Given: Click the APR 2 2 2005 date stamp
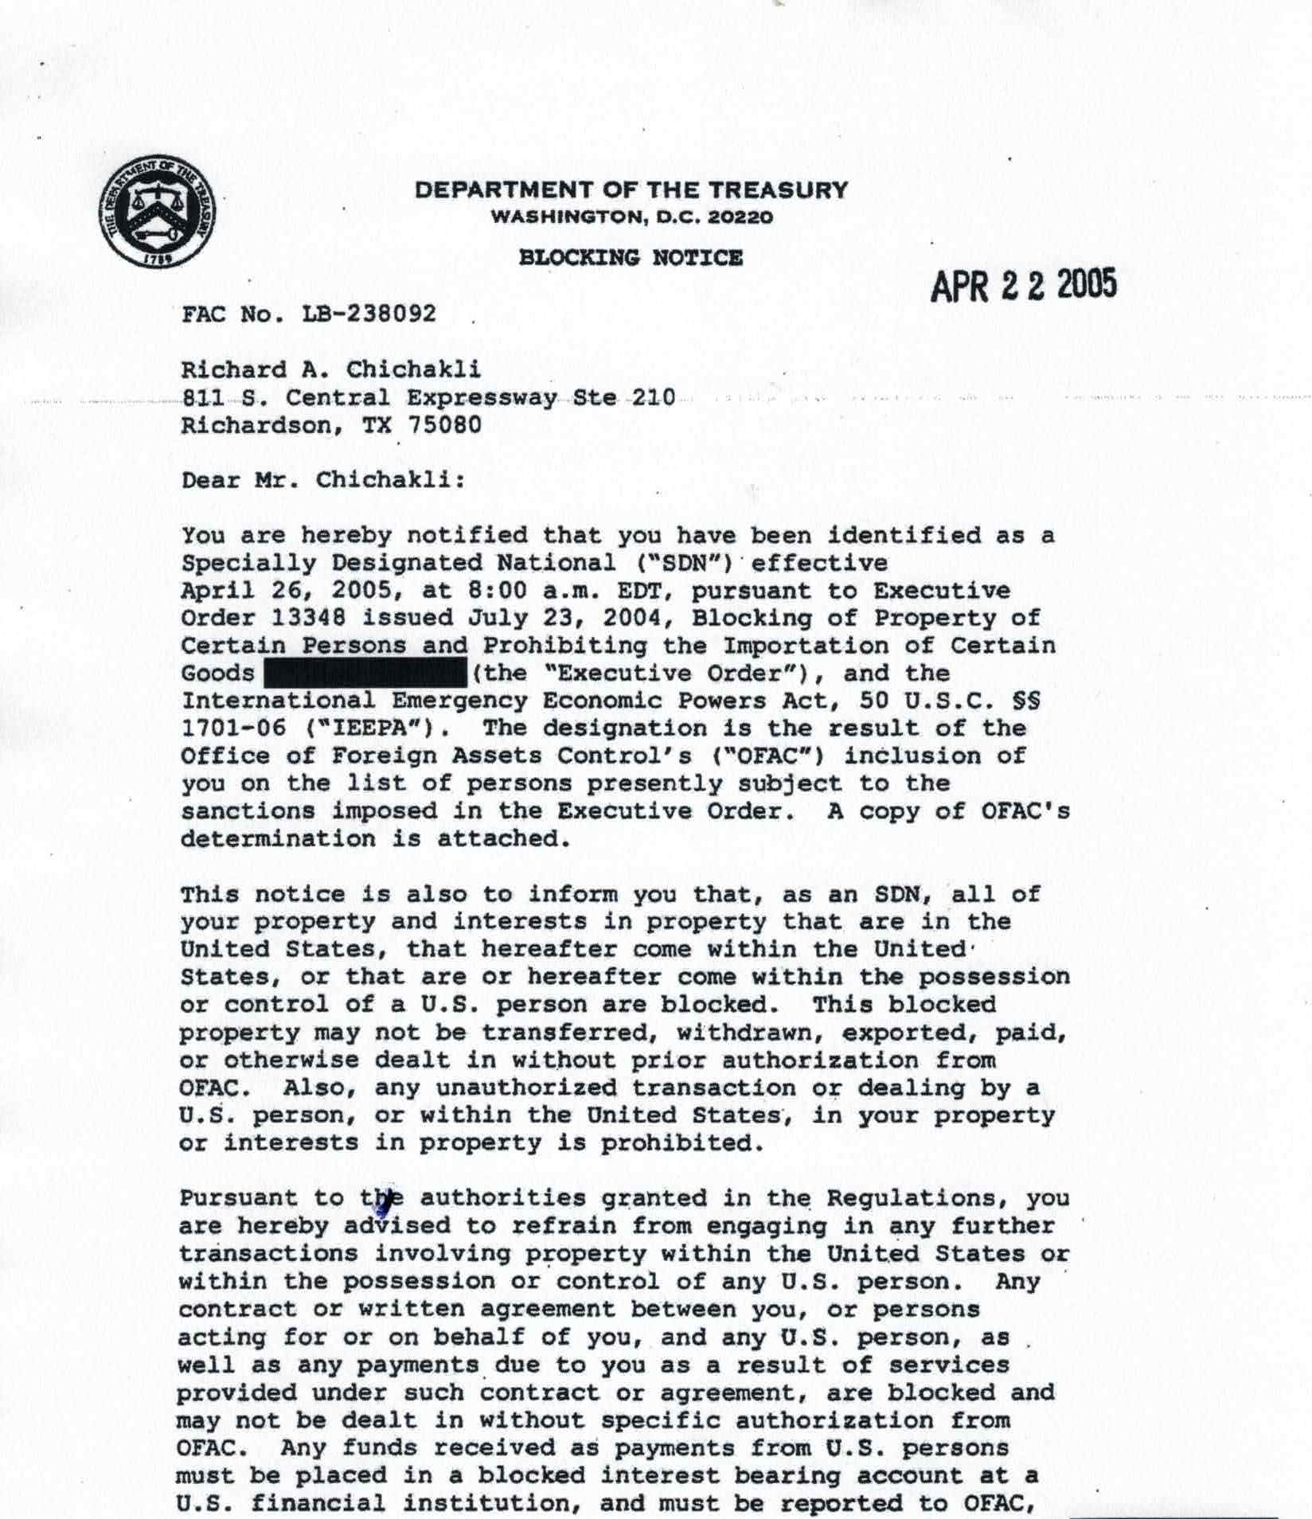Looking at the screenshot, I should (1023, 285).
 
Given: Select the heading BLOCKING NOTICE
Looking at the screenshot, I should (631, 258).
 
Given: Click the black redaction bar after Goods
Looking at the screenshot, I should (365, 674).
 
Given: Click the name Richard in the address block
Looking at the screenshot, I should (233, 370).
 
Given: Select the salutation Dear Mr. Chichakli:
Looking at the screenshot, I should (323, 481).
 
